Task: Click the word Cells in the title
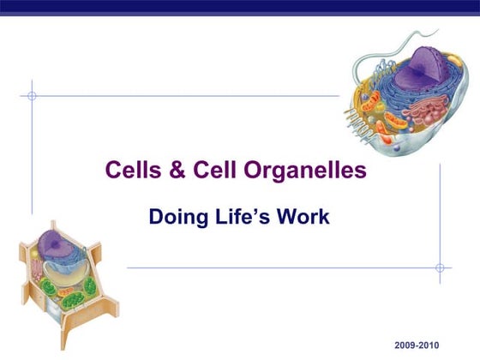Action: (x=129, y=171)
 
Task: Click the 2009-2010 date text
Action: (x=417, y=344)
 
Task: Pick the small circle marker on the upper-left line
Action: (x=32, y=95)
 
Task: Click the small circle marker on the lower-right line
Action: (x=440, y=267)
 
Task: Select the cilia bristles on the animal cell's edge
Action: (x=358, y=120)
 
